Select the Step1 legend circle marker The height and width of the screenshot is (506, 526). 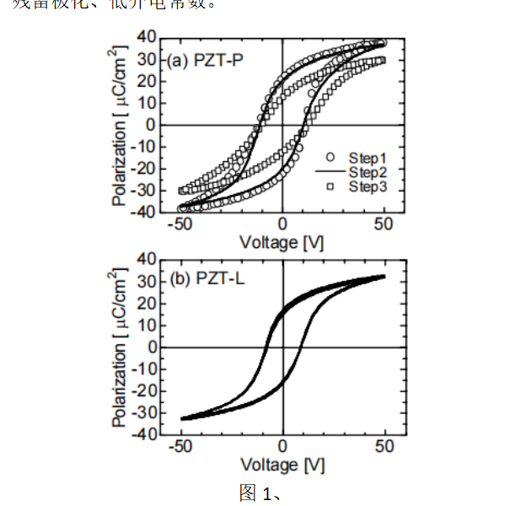(x=331, y=157)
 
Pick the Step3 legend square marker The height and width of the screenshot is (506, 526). (x=331, y=186)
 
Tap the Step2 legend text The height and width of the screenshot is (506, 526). (x=368, y=172)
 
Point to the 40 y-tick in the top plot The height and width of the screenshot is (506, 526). (x=146, y=38)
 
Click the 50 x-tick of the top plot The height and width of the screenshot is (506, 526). (x=384, y=224)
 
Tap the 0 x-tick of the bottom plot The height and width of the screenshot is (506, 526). (x=283, y=447)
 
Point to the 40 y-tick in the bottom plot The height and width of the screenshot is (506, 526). (x=147, y=259)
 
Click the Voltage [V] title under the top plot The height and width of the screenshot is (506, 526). (x=282, y=242)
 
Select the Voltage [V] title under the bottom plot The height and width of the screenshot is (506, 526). (x=282, y=465)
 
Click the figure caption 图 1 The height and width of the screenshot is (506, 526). (x=258, y=493)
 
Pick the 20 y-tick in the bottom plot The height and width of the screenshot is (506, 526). (x=147, y=303)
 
